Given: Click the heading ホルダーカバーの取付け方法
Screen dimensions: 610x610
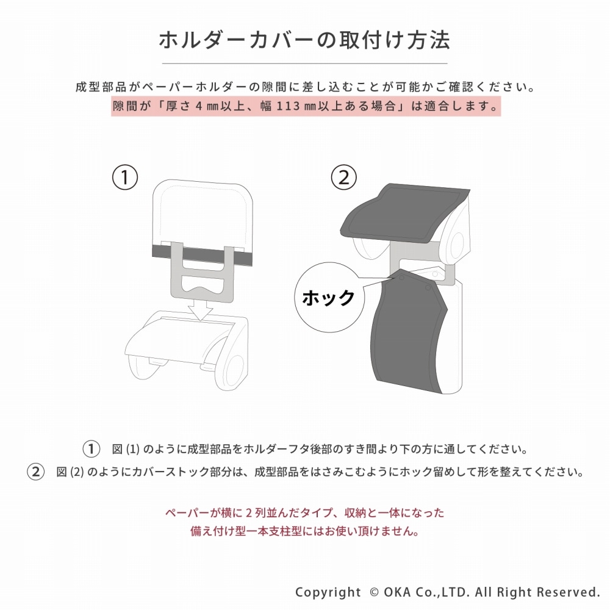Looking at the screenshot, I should pyautogui.click(x=304, y=40).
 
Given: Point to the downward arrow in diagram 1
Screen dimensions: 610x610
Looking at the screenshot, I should pyautogui.click(x=201, y=310).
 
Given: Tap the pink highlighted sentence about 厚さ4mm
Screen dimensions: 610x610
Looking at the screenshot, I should pyautogui.click(x=304, y=106).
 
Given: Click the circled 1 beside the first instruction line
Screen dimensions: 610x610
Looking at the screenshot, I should pyautogui.click(x=91, y=450).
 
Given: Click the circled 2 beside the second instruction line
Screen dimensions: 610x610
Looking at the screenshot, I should pyautogui.click(x=37, y=472).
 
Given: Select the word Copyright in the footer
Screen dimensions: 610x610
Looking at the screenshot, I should pyautogui.click(x=328, y=592).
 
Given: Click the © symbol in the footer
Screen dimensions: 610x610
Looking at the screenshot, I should pyautogui.click(x=374, y=592).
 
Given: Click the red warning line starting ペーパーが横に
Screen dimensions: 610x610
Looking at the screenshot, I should pyautogui.click(x=304, y=512).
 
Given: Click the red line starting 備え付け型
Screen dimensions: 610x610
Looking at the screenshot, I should pyautogui.click(x=304, y=531).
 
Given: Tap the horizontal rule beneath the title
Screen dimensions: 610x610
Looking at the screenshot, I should pyautogui.click(x=304, y=63).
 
